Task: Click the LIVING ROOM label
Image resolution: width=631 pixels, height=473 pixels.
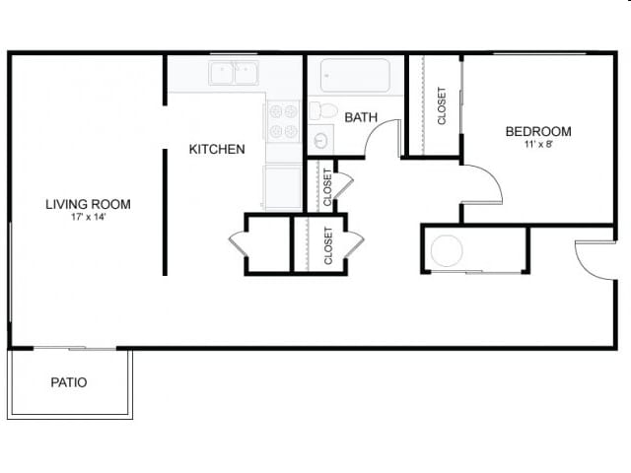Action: click(x=88, y=205)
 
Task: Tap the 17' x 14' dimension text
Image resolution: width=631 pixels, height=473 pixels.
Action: click(x=88, y=218)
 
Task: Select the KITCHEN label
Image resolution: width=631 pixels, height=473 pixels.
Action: click(x=217, y=150)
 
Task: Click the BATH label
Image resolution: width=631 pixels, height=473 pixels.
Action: click(x=361, y=117)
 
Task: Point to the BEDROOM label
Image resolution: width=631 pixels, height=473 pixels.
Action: click(x=537, y=131)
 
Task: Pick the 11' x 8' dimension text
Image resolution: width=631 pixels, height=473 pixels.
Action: click(x=537, y=144)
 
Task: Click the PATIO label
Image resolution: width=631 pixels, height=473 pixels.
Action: click(x=68, y=382)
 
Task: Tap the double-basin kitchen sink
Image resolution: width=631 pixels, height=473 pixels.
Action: click(x=233, y=73)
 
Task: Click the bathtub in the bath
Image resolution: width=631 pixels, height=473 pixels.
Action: click(x=355, y=75)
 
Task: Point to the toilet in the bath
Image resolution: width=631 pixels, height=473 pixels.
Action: click(x=323, y=110)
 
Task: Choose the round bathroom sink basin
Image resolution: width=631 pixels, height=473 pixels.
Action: click(x=320, y=140)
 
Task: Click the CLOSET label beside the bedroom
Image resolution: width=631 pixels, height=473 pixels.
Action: click(x=442, y=106)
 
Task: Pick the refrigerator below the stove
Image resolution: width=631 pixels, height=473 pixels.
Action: click(x=282, y=186)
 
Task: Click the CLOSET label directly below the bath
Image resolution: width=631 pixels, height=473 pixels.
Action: click(x=326, y=186)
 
